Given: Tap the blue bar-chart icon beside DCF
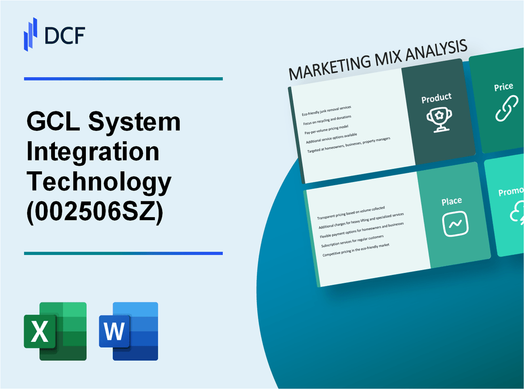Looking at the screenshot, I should pyautogui.click(x=31, y=34).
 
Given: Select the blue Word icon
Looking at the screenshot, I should pyautogui.click(x=128, y=331).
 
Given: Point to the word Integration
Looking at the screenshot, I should pyautogui.click(x=93, y=152).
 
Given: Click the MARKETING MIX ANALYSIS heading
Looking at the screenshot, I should pyautogui.click(x=378, y=61).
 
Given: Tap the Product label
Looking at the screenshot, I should pyautogui.click(x=436, y=98).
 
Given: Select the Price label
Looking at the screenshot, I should pyautogui.click(x=504, y=87).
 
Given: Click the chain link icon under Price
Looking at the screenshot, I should pyautogui.click(x=505, y=108).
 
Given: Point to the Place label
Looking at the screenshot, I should pyautogui.click(x=451, y=201).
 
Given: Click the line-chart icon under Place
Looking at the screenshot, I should pyautogui.click(x=455, y=223).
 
